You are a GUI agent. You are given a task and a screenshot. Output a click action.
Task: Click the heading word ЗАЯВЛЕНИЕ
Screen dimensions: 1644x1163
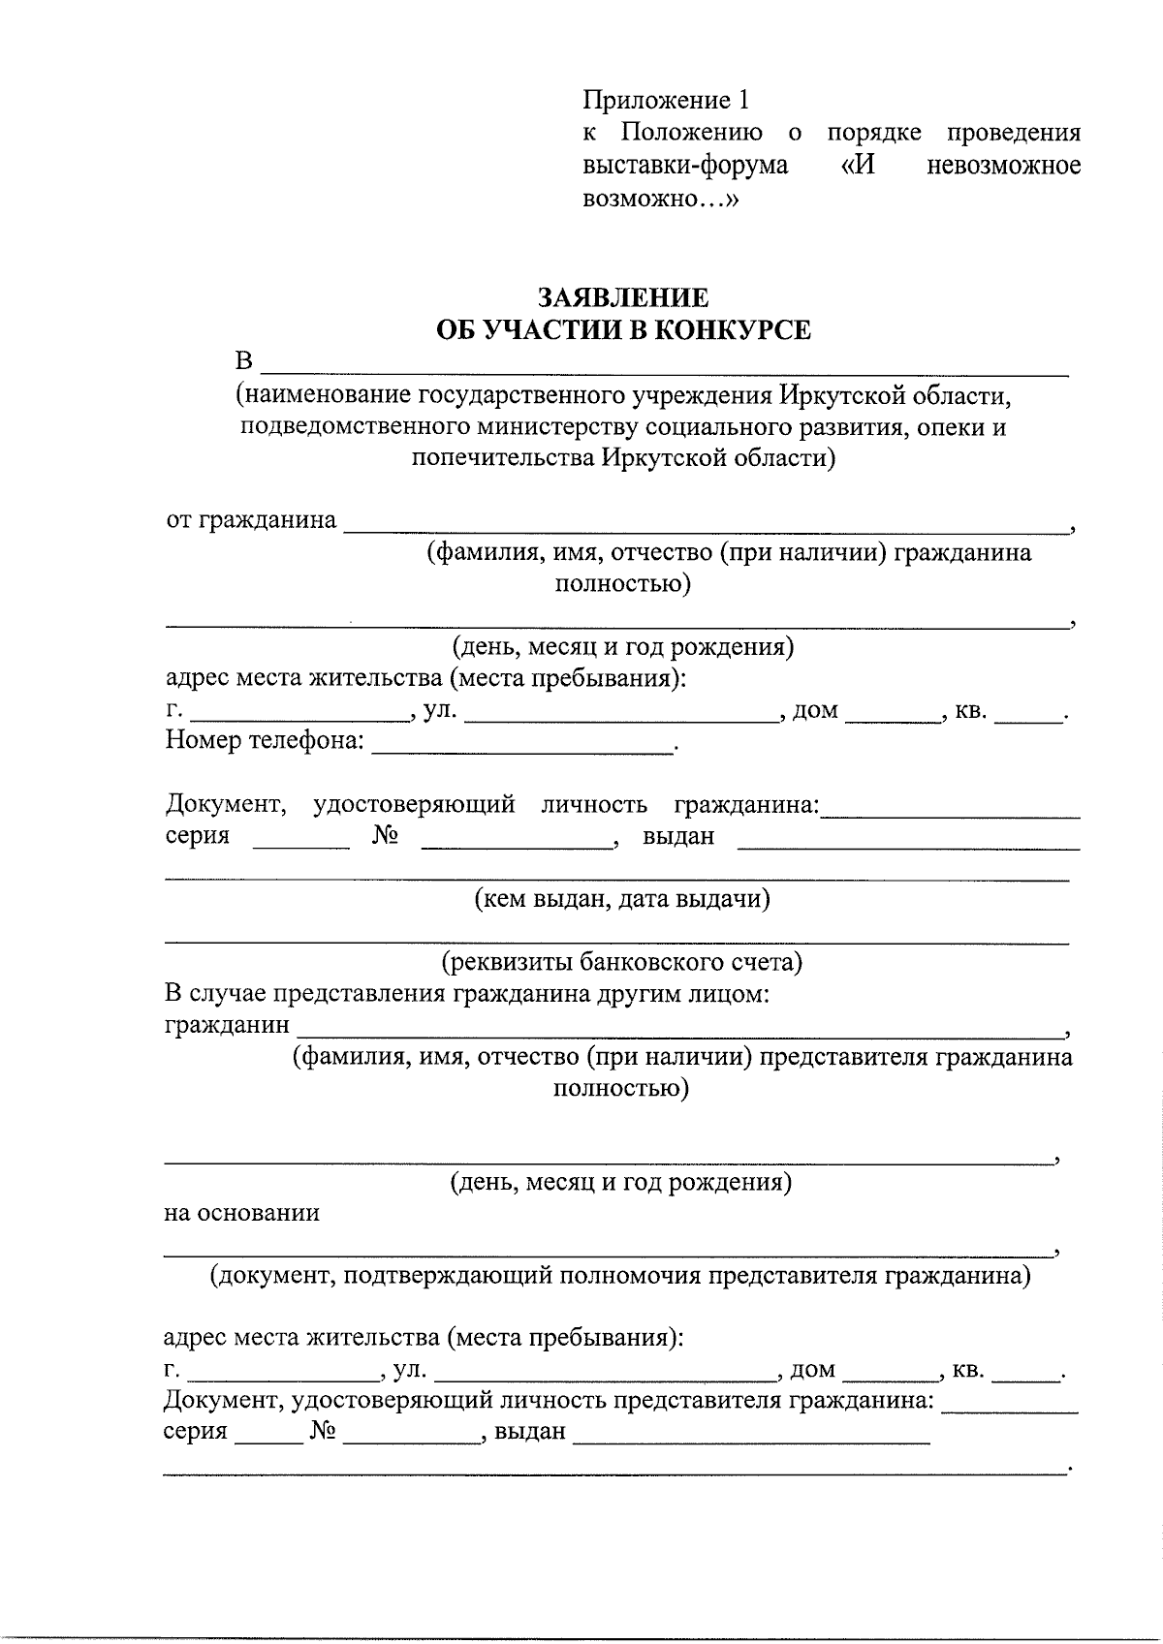pyautogui.click(x=623, y=297)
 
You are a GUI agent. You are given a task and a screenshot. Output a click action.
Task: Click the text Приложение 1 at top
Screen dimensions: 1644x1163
pyautogui.click(x=666, y=100)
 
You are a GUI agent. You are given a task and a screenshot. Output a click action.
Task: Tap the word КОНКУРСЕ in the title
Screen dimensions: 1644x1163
pyautogui.click(x=731, y=330)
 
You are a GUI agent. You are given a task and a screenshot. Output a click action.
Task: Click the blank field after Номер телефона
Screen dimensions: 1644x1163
pyautogui.click(x=522, y=746)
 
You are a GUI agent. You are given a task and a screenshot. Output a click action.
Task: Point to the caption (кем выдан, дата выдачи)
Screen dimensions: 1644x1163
pyautogui.click(x=622, y=899)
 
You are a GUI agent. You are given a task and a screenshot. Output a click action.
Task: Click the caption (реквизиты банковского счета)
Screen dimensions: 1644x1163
pyautogui.click(x=622, y=962)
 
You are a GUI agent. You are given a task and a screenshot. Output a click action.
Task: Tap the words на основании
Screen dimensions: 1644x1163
pyautogui.click(x=241, y=1213)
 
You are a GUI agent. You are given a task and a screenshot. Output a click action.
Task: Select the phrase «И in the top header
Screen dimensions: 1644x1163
pyautogui.click(x=858, y=166)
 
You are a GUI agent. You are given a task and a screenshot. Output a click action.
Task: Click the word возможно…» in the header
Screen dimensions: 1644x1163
pyautogui.click(x=660, y=199)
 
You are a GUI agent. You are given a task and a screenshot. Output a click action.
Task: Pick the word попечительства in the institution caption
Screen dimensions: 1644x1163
pyautogui.click(x=501, y=457)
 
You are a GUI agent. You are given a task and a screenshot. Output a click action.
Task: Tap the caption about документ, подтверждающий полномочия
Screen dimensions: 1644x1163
pyautogui.click(x=621, y=1276)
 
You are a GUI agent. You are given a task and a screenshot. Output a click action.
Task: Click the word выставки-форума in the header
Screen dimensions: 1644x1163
pyautogui.click(x=685, y=166)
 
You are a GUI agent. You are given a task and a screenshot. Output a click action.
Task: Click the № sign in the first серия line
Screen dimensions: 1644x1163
pyautogui.click(x=385, y=836)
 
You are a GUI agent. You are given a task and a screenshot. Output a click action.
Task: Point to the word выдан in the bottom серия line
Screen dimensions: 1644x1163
pyautogui.click(x=529, y=1432)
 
